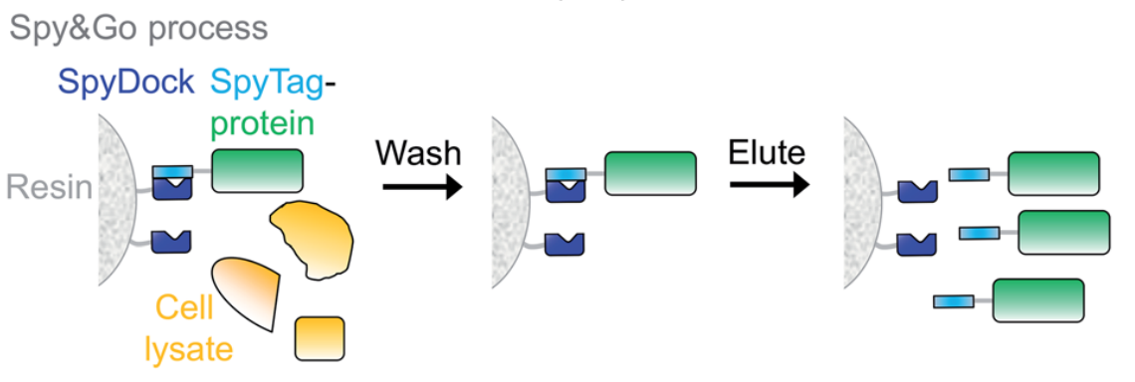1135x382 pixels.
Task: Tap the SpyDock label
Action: point(125,83)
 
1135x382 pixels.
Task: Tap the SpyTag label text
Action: point(268,83)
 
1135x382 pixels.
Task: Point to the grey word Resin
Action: point(48,186)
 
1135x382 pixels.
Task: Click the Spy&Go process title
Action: point(138,28)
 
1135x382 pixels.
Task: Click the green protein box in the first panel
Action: point(257,170)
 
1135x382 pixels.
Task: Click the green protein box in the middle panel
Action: point(650,173)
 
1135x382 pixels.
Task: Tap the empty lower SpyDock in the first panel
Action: point(170,241)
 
